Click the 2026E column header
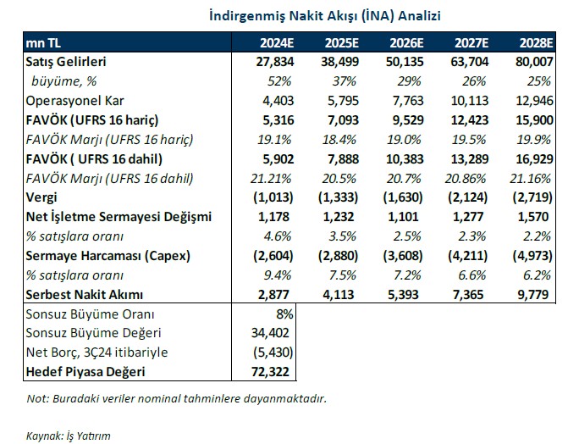407,42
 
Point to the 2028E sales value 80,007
535,62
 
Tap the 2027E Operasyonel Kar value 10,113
471,100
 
